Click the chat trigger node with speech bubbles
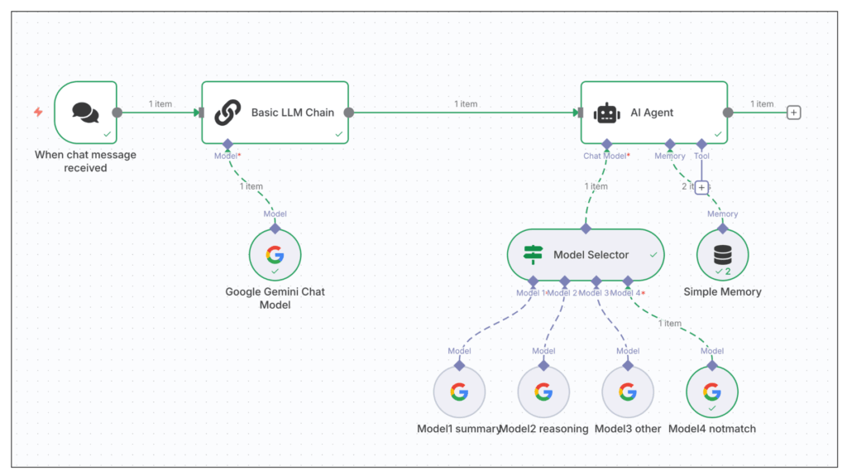(x=85, y=113)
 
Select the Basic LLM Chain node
(x=275, y=113)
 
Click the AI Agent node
(x=653, y=113)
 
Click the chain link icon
(x=227, y=113)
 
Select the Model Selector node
(x=586, y=255)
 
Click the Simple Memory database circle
(x=722, y=255)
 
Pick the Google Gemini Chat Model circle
(x=275, y=255)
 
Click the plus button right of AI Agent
(x=793, y=113)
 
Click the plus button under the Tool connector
(x=701, y=188)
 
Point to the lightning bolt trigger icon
(x=38, y=112)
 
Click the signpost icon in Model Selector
(x=534, y=255)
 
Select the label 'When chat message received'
(x=85, y=161)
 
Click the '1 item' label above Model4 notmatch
(x=670, y=324)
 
